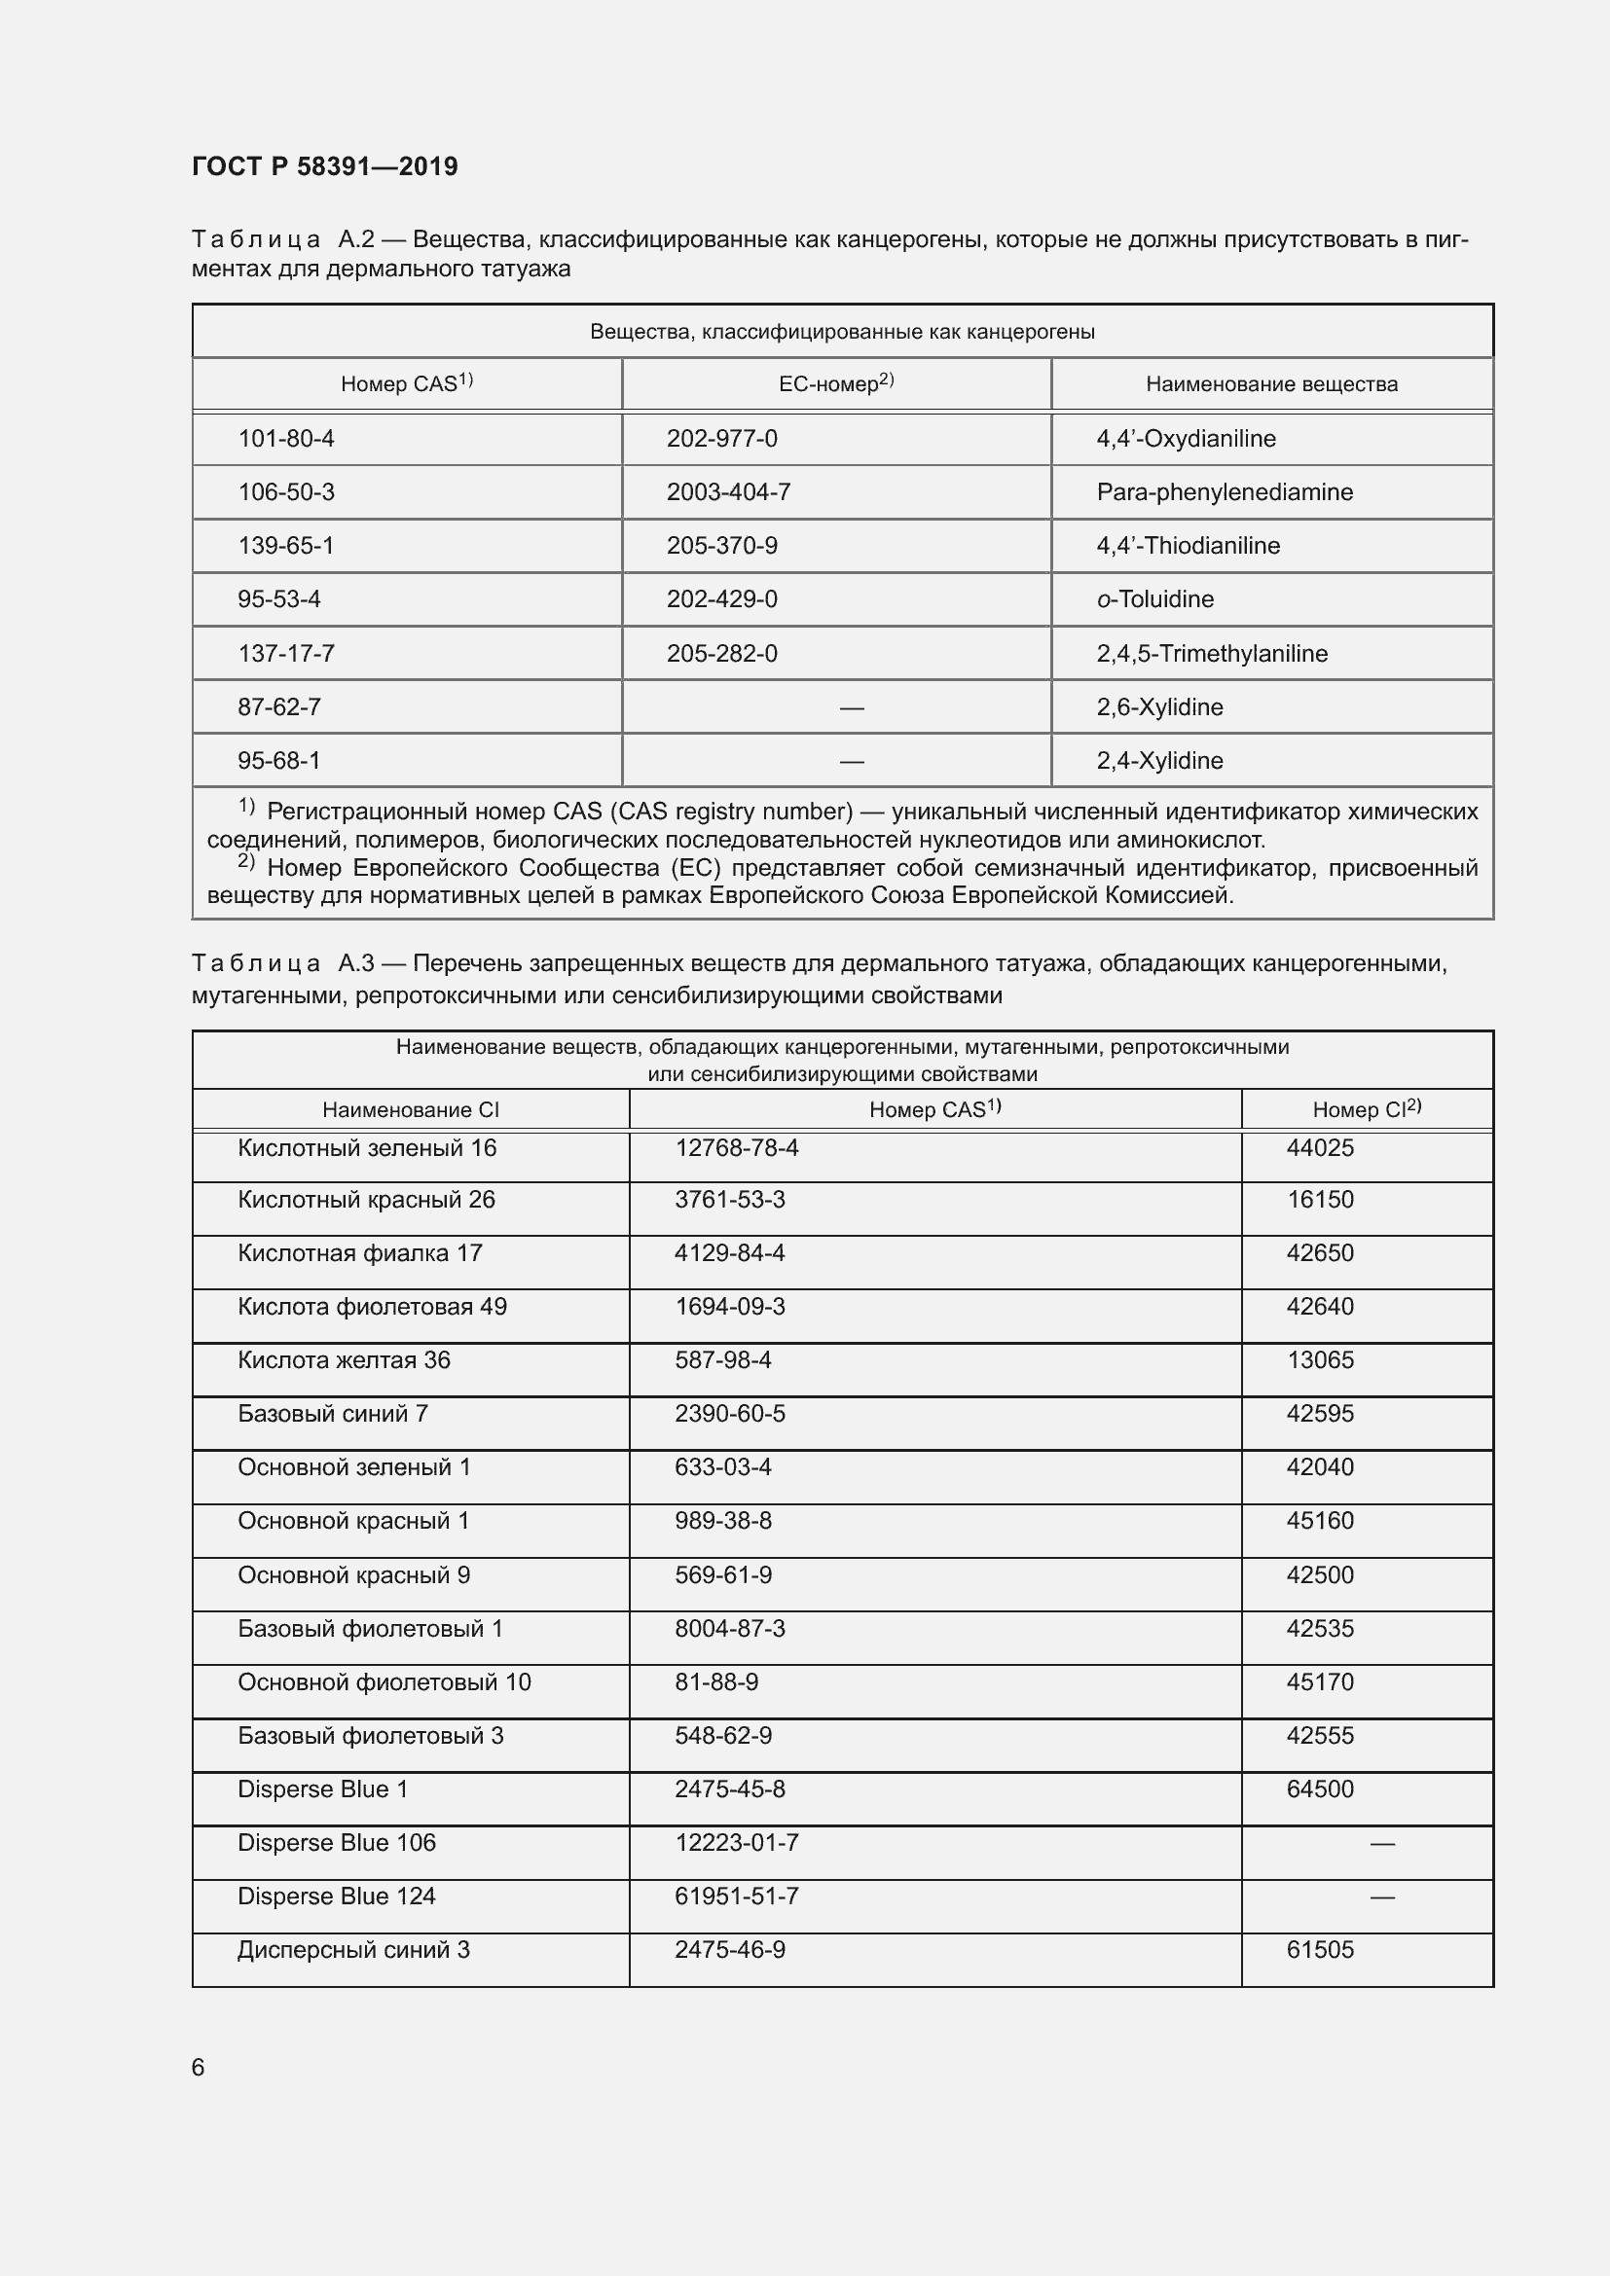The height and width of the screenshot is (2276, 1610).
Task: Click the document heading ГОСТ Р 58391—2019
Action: tap(324, 166)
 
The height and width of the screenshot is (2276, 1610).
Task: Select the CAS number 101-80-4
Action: tap(285, 438)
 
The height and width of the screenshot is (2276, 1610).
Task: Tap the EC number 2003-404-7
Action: tap(728, 491)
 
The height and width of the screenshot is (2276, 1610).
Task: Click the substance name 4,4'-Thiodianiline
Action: tap(1188, 545)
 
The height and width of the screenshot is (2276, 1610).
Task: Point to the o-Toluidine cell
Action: tap(1155, 598)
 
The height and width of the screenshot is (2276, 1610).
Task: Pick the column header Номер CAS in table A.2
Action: tap(407, 383)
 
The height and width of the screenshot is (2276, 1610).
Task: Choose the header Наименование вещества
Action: tap(1271, 383)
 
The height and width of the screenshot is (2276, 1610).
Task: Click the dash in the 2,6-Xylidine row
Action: tap(851, 707)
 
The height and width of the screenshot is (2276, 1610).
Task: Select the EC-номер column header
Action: tap(836, 383)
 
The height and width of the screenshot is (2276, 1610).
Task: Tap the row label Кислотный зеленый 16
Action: tap(367, 1148)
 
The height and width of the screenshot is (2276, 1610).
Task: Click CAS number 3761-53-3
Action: tap(730, 1200)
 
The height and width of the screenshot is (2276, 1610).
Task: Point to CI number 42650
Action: tap(1320, 1253)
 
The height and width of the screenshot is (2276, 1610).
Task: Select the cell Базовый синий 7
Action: tap(332, 1414)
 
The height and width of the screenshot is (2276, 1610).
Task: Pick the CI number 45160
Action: tap(1320, 1521)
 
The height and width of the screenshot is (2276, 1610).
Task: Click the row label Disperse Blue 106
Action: tap(336, 1842)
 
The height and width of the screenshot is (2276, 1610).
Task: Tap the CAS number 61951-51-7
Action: tap(737, 1896)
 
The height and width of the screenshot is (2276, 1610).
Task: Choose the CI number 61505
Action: tap(1320, 1949)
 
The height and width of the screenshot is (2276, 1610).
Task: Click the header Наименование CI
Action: tap(411, 1110)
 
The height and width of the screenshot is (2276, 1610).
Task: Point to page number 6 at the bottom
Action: tap(199, 2067)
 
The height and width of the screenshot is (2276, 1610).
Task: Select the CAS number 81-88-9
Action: tap(715, 1681)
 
